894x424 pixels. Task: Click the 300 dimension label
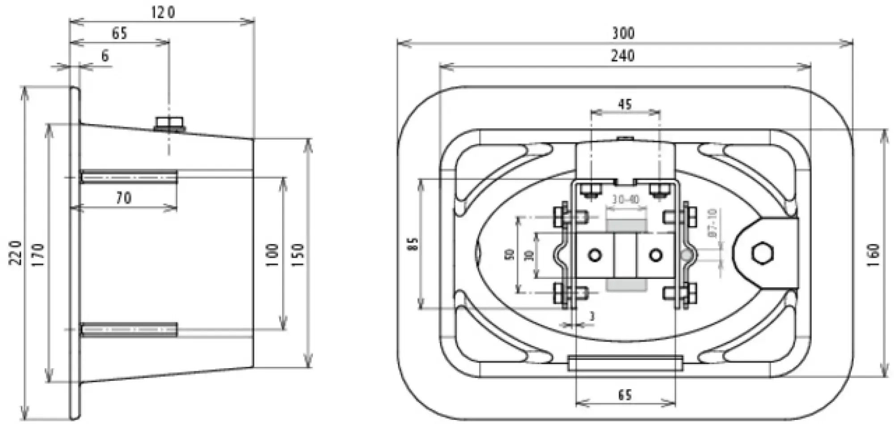click(623, 33)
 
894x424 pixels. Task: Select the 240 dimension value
click(623, 56)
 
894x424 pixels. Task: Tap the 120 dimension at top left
click(163, 12)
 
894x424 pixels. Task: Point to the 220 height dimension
click(16, 252)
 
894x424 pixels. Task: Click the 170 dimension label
click(39, 255)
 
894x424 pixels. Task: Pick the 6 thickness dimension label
click(105, 56)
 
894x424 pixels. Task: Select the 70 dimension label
click(124, 198)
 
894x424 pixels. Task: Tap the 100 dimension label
click(272, 255)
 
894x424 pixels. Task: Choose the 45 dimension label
click(625, 104)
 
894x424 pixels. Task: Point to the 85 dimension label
click(413, 244)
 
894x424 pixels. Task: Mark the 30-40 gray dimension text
click(626, 200)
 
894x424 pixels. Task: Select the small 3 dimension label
click(592, 316)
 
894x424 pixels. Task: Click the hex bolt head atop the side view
click(170, 122)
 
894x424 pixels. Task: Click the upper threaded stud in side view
click(129, 177)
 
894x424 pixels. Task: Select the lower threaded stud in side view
click(129, 330)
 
